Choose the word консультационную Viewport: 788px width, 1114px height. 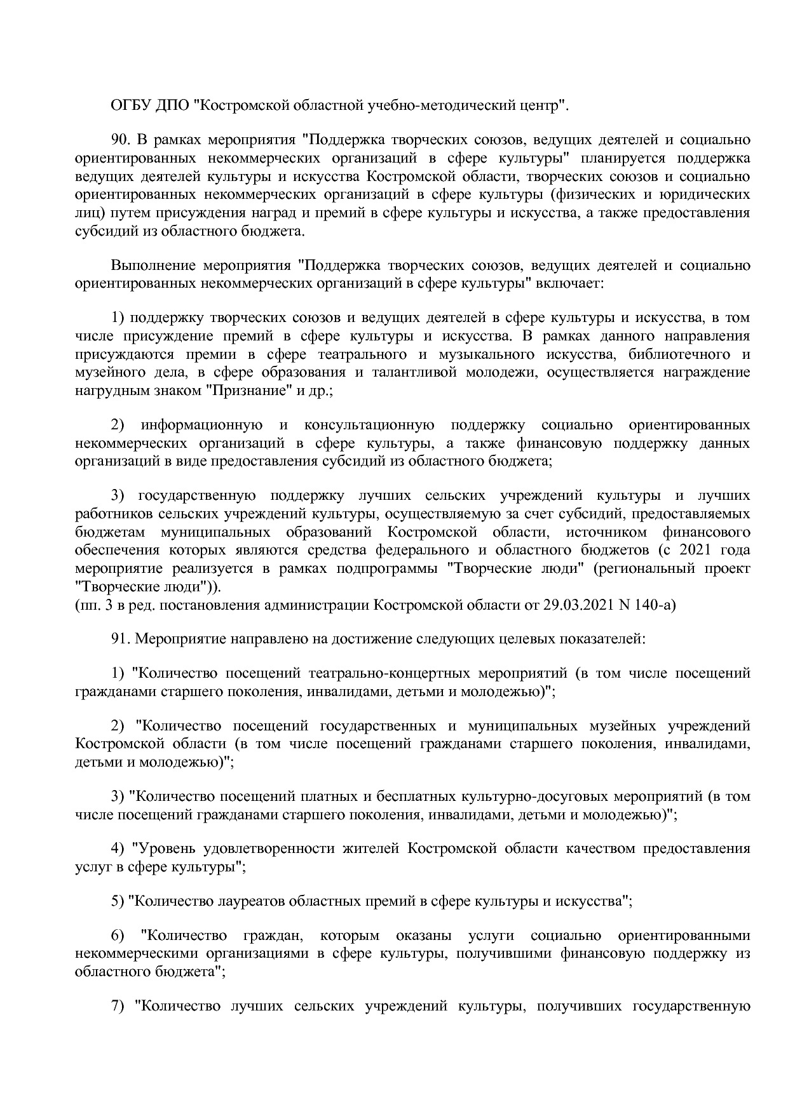[x=370, y=425]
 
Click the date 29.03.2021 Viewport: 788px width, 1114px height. [x=578, y=605]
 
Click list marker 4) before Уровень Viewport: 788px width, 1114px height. [x=118, y=849]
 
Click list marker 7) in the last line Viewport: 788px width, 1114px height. [x=118, y=1007]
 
